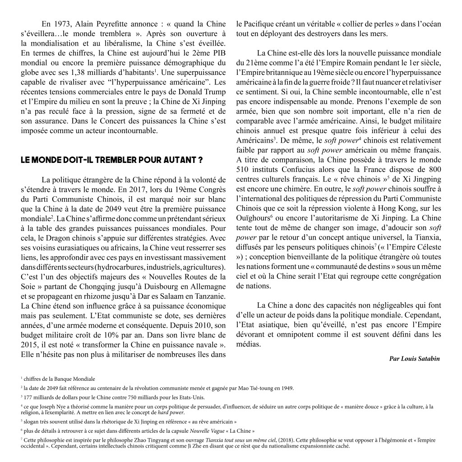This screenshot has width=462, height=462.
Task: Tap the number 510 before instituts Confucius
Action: click(243, 169)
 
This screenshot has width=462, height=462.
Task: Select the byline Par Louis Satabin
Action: click(414, 359)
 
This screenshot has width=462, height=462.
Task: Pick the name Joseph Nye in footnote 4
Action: click(48, 407)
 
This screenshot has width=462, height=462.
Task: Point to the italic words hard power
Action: click(171, 412)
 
